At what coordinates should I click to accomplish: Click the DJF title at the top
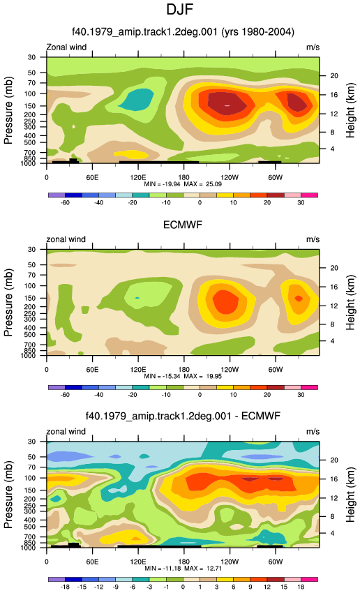(180, 9)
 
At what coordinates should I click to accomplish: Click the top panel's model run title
(183, 31)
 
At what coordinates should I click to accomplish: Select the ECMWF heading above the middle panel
(183, 225)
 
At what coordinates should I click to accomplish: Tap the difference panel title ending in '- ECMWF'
(183, 416)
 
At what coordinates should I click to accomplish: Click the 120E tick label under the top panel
(137, 178)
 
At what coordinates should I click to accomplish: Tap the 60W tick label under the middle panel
(276, 370)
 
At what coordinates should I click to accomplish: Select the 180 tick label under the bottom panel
(183, 562)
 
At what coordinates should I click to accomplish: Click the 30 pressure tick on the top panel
(31, 57)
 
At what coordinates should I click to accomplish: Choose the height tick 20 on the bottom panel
(334, 460)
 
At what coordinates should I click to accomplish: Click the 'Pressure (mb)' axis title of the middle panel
(8, 303)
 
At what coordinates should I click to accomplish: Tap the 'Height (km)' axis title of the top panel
(350, 110)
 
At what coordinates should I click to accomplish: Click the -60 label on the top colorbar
(65, 202)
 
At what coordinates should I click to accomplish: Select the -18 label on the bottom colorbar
(65, 587)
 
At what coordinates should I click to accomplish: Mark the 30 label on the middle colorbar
(301, 394)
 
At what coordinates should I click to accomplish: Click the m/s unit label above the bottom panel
(313, 432)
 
